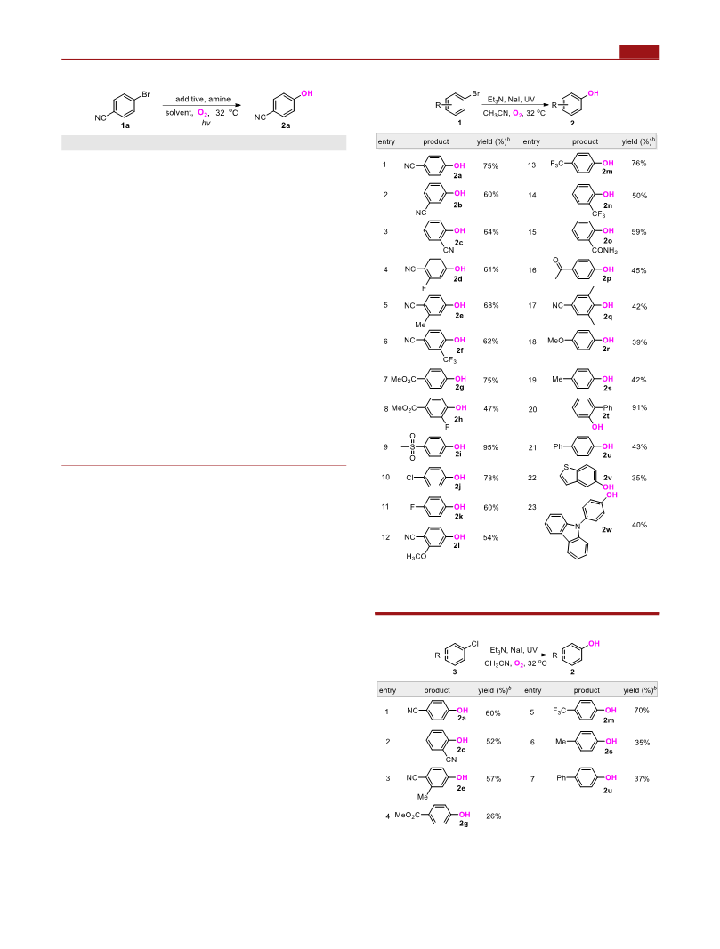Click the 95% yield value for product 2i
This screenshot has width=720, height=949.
point(490,448)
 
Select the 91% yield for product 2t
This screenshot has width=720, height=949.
point(640,408)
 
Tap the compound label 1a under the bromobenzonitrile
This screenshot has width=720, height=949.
point(125,125)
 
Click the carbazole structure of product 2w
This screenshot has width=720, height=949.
point(567,535)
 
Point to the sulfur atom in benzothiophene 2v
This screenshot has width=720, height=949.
point(565,468)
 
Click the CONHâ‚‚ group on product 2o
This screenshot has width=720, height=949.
point(604,250)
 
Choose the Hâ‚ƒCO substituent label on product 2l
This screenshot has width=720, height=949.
point(416,557)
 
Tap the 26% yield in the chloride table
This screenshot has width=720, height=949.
point(494,816)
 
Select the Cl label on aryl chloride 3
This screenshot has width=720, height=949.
point(474,644)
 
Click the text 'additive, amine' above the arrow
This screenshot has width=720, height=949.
point(203,99)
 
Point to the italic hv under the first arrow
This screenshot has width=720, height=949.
point(206,123)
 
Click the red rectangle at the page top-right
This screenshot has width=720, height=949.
point(640,52)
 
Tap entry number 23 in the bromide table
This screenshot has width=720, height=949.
point(531,507)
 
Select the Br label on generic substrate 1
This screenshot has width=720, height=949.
point(476,93)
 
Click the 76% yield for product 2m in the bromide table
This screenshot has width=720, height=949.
point(639,164)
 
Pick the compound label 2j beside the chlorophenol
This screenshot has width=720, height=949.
point(458,487)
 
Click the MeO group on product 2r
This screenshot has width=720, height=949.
point(555,341)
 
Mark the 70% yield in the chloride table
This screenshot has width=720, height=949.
point(642,711)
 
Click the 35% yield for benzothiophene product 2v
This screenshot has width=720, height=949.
point(639,479)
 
